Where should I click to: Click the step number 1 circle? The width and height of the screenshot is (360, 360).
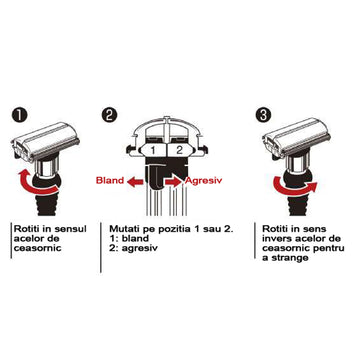(19, 116)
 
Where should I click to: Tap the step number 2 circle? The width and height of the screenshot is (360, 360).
(109, 116)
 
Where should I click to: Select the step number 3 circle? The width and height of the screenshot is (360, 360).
(263, 116)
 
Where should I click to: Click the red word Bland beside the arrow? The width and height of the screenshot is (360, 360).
(110, 180)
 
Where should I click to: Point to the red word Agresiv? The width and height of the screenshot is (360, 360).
(203, 181)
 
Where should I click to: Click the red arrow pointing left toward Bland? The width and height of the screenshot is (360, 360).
(135, 182)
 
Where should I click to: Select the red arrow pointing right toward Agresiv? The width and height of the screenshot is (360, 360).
(174, 182)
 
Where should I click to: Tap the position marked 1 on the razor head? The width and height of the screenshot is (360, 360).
(153, 150)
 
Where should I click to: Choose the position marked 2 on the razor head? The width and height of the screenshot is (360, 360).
(180, 150)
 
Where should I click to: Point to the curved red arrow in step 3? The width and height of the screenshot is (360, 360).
(293, 187)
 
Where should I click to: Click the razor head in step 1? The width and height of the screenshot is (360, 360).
(45, 140)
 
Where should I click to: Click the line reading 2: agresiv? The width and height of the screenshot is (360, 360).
(133, 249)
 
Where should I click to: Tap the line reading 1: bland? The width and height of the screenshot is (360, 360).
(129, 239)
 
